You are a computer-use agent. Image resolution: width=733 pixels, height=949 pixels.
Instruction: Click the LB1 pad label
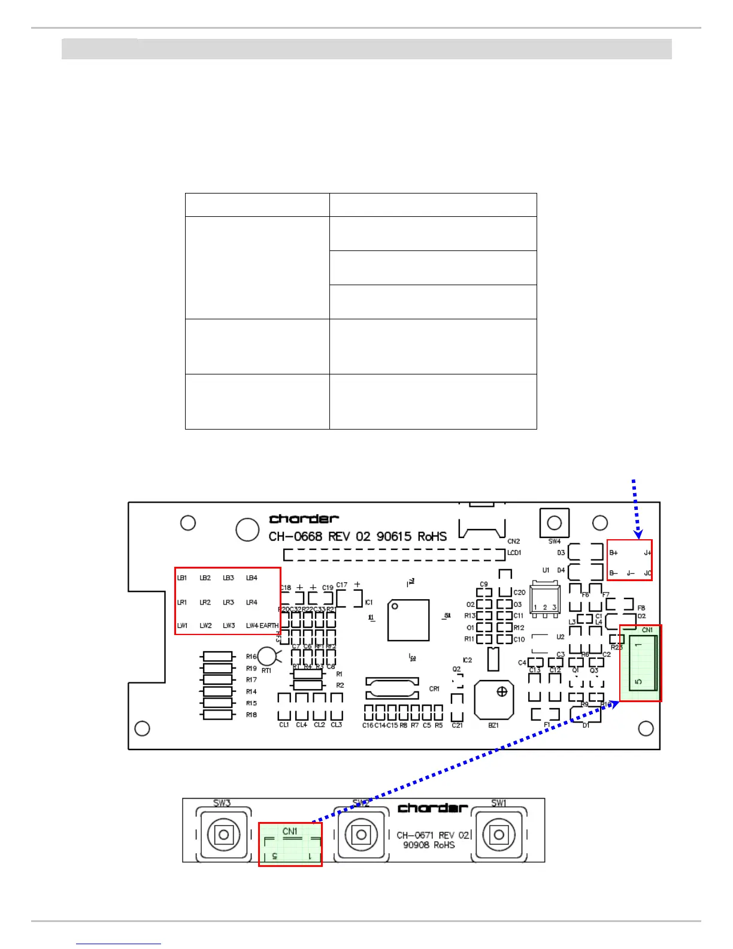click(x=182, y=578)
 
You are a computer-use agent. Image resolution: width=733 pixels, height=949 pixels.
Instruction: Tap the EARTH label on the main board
click(x=269, y=625)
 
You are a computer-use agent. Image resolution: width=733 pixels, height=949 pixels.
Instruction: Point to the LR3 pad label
click(x=228, y=602)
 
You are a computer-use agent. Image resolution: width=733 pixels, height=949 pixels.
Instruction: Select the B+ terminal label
click(x=613, y=553)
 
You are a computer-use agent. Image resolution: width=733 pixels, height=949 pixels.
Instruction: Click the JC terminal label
click(x=647, y=573)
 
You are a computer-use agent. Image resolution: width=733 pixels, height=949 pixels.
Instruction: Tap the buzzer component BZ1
click(x=494, y=700)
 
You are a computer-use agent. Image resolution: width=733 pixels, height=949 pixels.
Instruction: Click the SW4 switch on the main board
click(x=555, y=523)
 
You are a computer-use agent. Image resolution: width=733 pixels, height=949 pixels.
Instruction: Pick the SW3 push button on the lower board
click(x=223, y=835)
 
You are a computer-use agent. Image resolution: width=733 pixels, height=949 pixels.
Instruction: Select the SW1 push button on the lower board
click(x=499, y=835)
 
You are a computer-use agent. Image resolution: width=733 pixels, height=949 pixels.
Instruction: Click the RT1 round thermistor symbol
click(x=266, y=657)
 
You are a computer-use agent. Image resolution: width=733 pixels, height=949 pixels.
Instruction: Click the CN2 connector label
click(x=513, y=541)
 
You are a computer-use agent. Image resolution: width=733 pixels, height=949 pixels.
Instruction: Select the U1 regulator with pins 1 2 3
click(x=544, y=601)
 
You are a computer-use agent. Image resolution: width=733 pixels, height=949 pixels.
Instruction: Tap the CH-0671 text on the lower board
click(x=416, y=835)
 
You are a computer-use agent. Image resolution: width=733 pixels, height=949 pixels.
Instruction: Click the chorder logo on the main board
click(x=304, y=519)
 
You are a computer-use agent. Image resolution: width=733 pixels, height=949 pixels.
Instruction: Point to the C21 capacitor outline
click(x=457, y=707)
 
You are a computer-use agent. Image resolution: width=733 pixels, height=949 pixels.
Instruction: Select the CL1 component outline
click(x=284, y=707)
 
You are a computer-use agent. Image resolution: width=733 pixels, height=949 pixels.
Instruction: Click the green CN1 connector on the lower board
click(x=290, y=844)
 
